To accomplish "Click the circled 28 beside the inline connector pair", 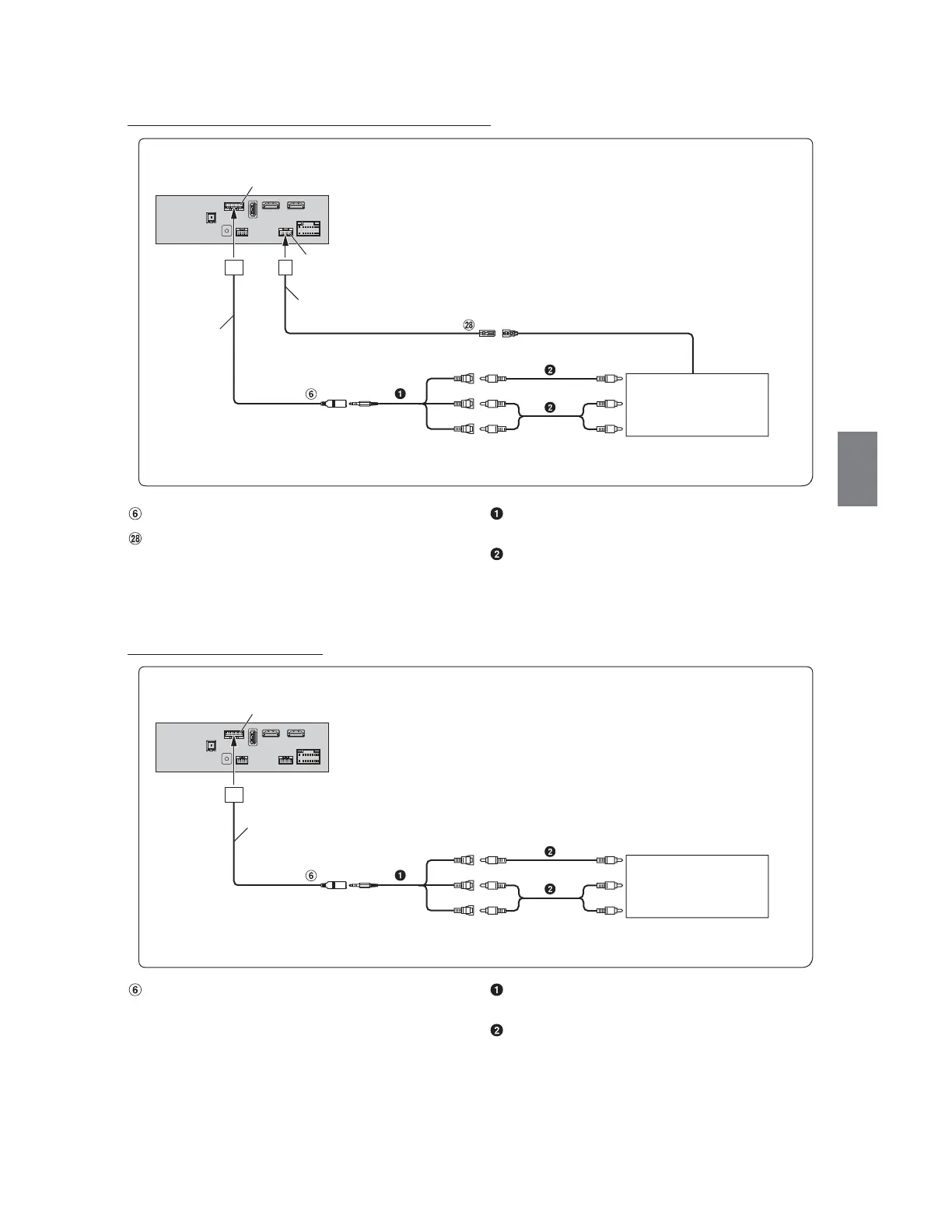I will click(468, 326).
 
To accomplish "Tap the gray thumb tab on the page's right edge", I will click(857, 469).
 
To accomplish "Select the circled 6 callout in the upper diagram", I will click(311, 394).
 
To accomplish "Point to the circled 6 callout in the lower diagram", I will click(311, 876).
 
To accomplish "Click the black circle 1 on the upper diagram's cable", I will click(400, 394).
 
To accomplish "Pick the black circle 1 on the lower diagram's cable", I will click(400, 876).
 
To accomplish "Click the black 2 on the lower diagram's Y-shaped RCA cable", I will click(550, 888).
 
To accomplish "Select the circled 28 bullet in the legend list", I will click(135, 538).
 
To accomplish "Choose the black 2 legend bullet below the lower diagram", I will click(497, 1031).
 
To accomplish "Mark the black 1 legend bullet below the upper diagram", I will click(497, 514).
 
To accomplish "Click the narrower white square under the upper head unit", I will click(285, 267).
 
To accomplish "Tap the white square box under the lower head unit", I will click(234, 795).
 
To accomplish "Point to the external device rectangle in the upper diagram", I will click(697, 404).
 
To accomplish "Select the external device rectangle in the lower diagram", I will click(697, 886).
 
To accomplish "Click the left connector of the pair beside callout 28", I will click(487, 334).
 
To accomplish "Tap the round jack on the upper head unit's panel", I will click(226, 230).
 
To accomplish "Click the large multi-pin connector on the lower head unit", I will click(308, 757).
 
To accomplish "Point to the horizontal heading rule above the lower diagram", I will click(225, 655).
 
